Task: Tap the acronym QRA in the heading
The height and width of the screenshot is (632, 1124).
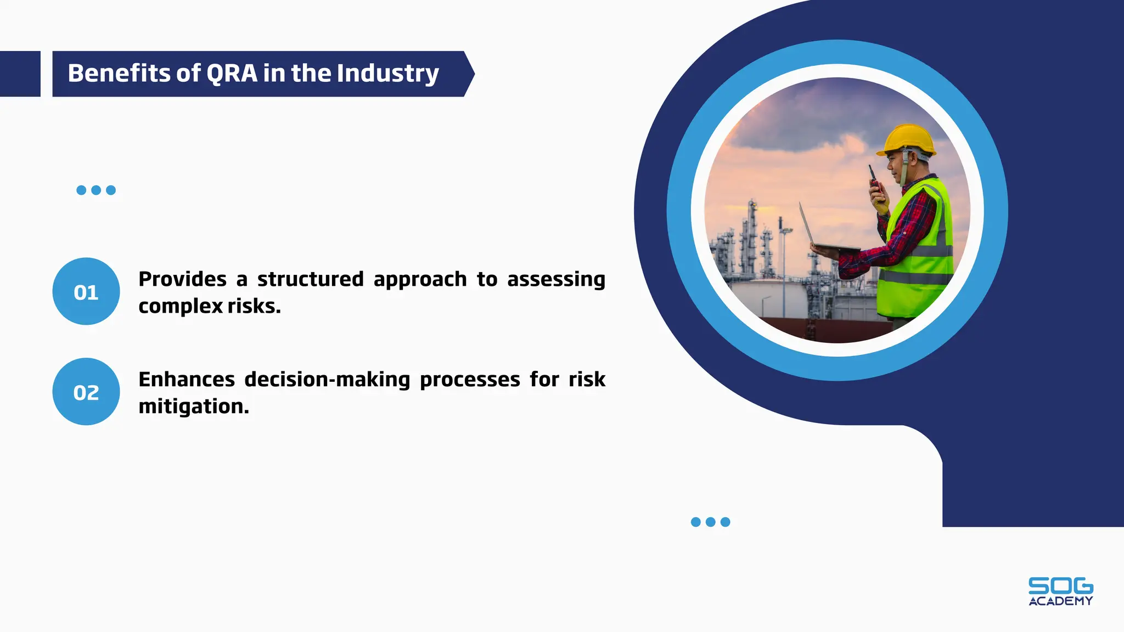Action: point(232,74)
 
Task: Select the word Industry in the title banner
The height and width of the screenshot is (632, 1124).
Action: point(387,74)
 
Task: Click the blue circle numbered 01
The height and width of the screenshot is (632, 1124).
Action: point(86,291)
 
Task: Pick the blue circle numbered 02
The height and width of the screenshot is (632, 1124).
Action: point(86,392)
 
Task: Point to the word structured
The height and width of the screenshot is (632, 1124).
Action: point(310,279)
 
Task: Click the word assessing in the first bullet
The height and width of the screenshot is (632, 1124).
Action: point(555,279)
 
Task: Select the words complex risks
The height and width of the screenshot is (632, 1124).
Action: point(209,306)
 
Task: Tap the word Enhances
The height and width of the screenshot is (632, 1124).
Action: point(187,380)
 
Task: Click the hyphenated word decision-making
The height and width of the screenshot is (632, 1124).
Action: point(327,380)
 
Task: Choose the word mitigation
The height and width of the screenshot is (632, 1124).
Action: point(193,407)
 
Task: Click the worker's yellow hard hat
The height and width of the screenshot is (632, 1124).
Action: point(907,139)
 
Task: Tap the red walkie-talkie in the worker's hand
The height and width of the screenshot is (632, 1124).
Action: point(874,179)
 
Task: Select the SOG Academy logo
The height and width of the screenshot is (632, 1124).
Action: point(1060,591)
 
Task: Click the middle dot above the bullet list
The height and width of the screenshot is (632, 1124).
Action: point(96,190)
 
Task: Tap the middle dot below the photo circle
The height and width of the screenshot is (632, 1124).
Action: point(710,522)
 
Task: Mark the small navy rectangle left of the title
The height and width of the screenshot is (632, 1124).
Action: point(20,74)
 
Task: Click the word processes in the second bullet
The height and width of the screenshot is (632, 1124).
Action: point(470,380)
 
